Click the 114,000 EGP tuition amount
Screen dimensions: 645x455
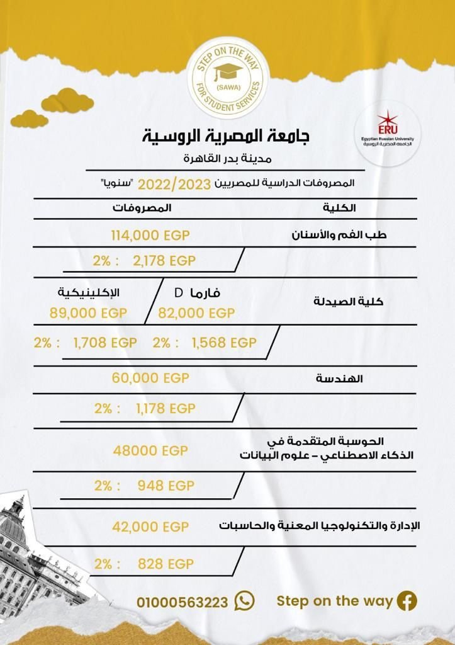150,236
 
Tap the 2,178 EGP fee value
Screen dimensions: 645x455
164,261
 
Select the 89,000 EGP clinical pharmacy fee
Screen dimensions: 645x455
88,313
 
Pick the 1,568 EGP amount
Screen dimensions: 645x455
223,343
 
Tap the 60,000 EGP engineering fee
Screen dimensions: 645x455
150,378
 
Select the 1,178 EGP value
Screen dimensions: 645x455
166,408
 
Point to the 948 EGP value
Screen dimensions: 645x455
166,486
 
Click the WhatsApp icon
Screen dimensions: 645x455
244,601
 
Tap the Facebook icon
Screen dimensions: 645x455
407,601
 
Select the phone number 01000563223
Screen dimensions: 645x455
182,603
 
